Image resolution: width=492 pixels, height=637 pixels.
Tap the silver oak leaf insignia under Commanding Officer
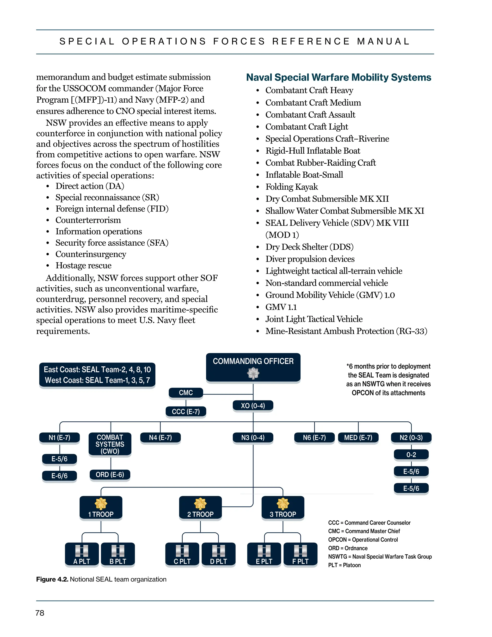(253, 373)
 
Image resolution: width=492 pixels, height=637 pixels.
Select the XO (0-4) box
(253, 406)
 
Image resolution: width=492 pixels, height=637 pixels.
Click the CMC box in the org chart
(186, 393)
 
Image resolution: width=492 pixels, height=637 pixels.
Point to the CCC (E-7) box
(186, 412)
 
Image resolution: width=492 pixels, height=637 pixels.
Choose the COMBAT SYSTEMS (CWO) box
(110, 444)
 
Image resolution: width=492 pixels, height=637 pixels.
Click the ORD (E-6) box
(110, 475)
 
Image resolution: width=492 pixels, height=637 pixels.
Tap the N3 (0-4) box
(253, 437)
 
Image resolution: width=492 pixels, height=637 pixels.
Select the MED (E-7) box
(358, 437)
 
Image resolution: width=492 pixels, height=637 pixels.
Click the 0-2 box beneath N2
(411, 454)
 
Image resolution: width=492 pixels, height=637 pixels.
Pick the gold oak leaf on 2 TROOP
(200, 503)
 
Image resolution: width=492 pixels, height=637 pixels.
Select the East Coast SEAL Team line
(97, 369)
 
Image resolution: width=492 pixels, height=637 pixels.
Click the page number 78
(40, 613)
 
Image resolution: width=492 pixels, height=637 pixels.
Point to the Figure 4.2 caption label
(52, 579)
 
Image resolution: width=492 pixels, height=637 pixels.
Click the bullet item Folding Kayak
(291, 187)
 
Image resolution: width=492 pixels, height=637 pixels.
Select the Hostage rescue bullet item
(83, 265)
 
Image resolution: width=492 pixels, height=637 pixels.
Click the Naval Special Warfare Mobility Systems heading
(338, 77)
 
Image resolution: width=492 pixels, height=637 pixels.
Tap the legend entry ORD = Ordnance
(347, 548)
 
